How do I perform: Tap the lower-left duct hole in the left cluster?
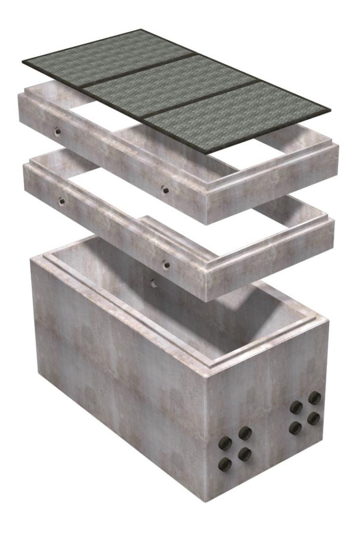coord(225,465)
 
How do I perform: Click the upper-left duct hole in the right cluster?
coord(295,408)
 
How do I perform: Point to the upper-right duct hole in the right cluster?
coord(314,398)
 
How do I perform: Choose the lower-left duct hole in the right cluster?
coord(295,428)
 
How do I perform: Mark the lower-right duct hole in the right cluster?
coord(314,418)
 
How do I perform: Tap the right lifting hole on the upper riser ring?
coord(164,189)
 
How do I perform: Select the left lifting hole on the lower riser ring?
coord(61,200)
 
